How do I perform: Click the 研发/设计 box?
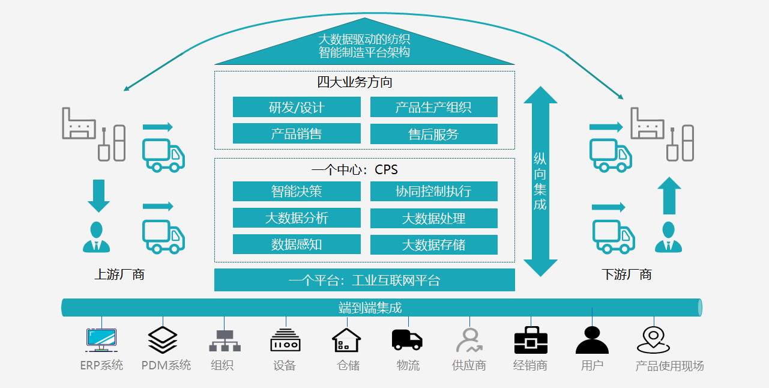click(x=297, y=108)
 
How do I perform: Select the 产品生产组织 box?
click(x=433, y=108)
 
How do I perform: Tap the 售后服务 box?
click(x=433, y=134)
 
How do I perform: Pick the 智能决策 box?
click(x=297, y=192)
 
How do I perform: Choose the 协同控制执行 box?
click(x=433, y=192)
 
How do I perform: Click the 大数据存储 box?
click(x=433, y=244)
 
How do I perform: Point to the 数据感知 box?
click(x=297, y=244)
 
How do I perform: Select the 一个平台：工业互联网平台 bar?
click(x=364, y=280)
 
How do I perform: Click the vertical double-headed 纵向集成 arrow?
click(x=540, y=181)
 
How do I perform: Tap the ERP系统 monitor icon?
click(x=101, y=340)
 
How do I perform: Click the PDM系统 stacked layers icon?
click(x=163, y=340)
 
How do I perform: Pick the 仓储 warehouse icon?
click(x=346, y=341)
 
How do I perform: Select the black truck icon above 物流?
click(x=407, y=339)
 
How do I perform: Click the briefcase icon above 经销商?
click(x=531, y=341)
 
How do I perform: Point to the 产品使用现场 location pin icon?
click(x=653, y=340)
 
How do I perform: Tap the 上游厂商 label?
click(x=119, y=274)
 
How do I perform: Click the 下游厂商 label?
click(x=627, y=274)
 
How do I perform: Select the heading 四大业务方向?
click(x=355, y=82)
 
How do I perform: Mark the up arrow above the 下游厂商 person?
click(x=669, y=196)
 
